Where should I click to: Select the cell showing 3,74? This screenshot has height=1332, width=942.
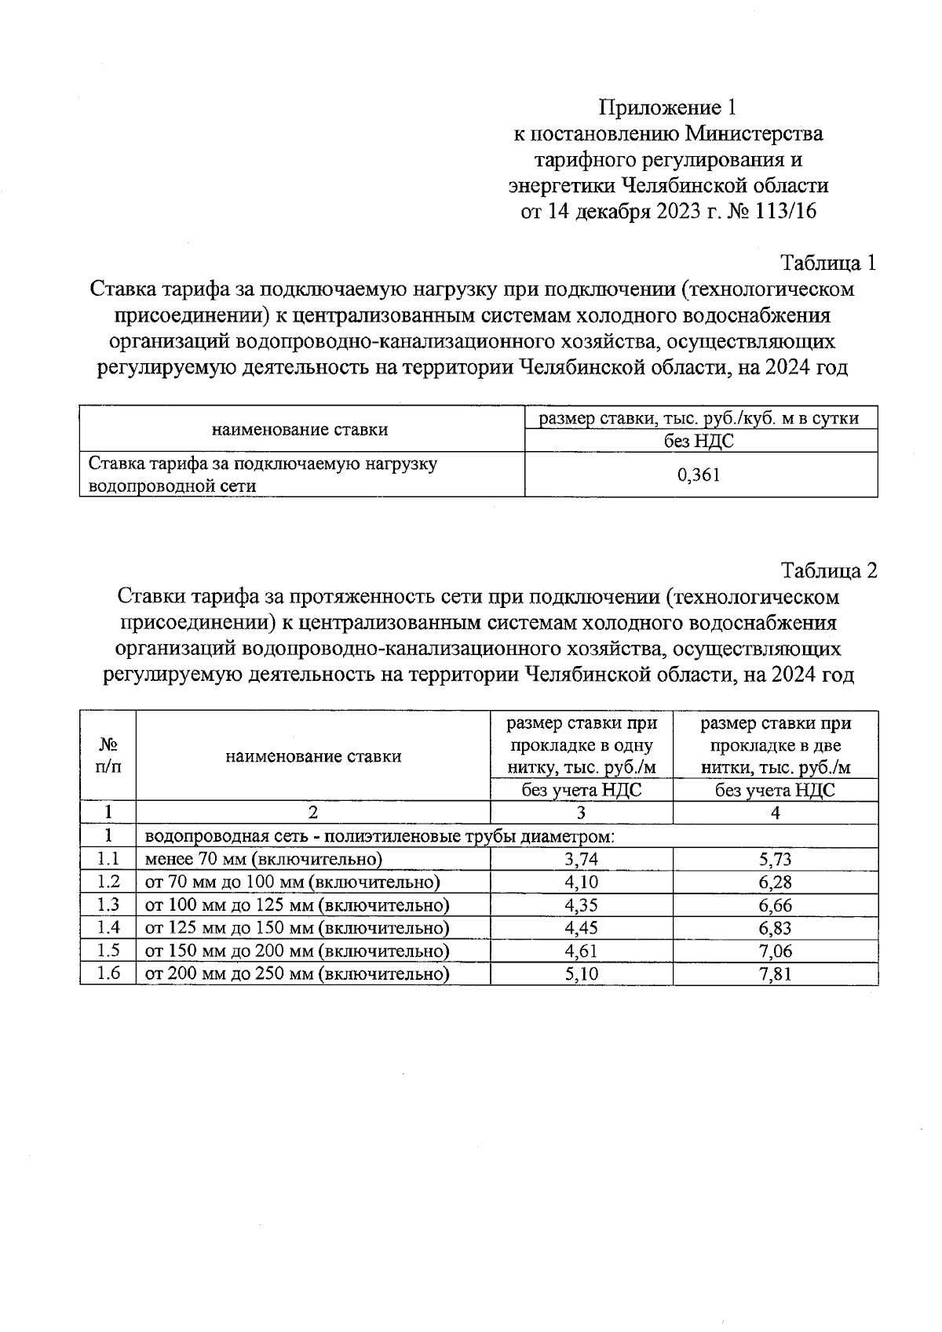tap(581, 859)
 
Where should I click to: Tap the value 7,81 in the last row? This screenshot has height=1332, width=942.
tap(775, 974)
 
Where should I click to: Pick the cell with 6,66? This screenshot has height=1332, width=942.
tap(775, 905)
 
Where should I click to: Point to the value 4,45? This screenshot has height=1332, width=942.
tap(581, 928)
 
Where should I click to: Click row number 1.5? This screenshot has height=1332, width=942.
tap(108, 951)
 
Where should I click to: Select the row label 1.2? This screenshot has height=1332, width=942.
tap(108, 882)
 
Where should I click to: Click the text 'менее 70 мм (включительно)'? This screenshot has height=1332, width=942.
tap(264, 859)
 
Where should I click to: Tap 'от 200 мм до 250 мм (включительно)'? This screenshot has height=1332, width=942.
tap(298, 974)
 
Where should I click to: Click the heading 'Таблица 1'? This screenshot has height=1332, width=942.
tap(827, 263)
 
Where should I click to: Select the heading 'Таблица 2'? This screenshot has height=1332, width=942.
tap(828, 570)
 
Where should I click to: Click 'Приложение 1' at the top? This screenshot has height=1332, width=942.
tap(668, 107)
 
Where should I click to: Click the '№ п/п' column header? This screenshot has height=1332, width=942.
tap(108, 756)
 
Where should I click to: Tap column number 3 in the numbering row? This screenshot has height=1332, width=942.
tap(581, 813)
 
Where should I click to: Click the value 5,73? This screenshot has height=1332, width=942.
tap(775, 859)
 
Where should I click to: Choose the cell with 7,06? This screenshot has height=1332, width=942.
tap(775, 951)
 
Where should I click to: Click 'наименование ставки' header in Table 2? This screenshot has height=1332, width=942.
tap(313, 756)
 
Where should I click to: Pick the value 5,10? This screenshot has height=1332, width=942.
tap(581, 974)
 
